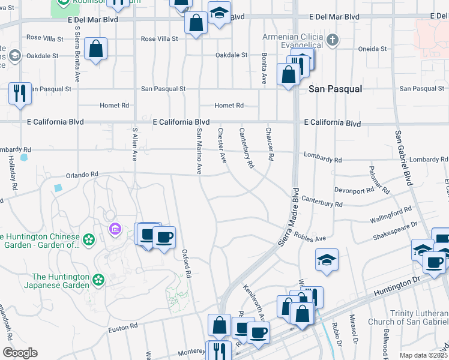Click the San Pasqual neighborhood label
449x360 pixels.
tap(336, 89)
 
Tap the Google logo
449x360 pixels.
tap(20, 353)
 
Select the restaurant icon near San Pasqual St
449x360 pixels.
tap(19, 93)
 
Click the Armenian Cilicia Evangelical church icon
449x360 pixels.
tap(333, 41)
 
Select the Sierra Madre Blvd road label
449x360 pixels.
tap(289, 218)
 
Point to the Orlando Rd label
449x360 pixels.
tap(82, 174)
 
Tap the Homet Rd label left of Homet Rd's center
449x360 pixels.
tap(114, 106)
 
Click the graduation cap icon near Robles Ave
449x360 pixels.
tap(326, 260)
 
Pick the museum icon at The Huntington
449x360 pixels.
tap(114, 229)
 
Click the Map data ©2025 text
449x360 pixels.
tap(423, 355)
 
